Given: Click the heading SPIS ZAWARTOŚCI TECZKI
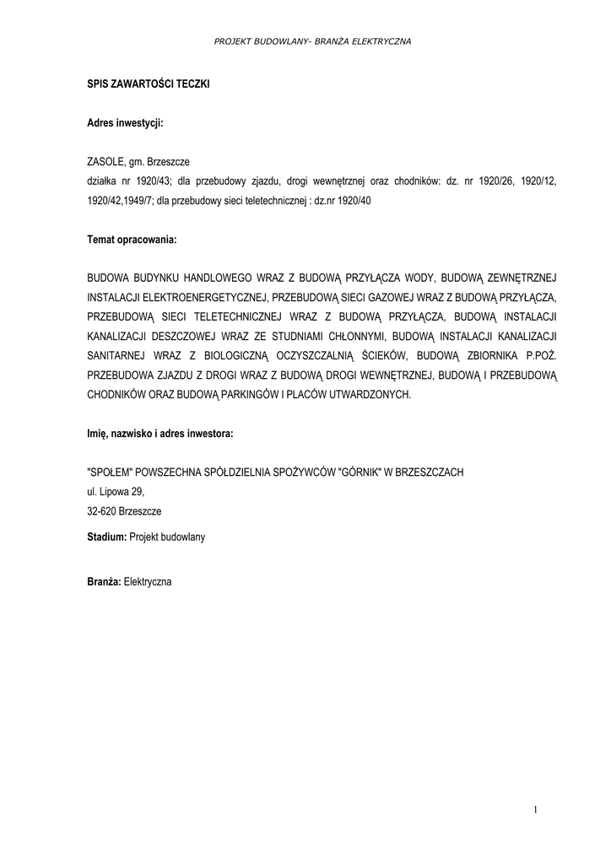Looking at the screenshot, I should pos(149,84).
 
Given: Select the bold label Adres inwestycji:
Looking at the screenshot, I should pos(125,123).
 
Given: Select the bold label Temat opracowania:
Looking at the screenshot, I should pos(132,240).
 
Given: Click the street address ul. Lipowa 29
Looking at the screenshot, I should pos(116,492).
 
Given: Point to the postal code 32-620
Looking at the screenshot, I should pos(102,511).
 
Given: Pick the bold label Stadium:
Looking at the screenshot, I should pos(106,537).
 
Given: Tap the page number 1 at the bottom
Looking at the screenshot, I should pos(535,811).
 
